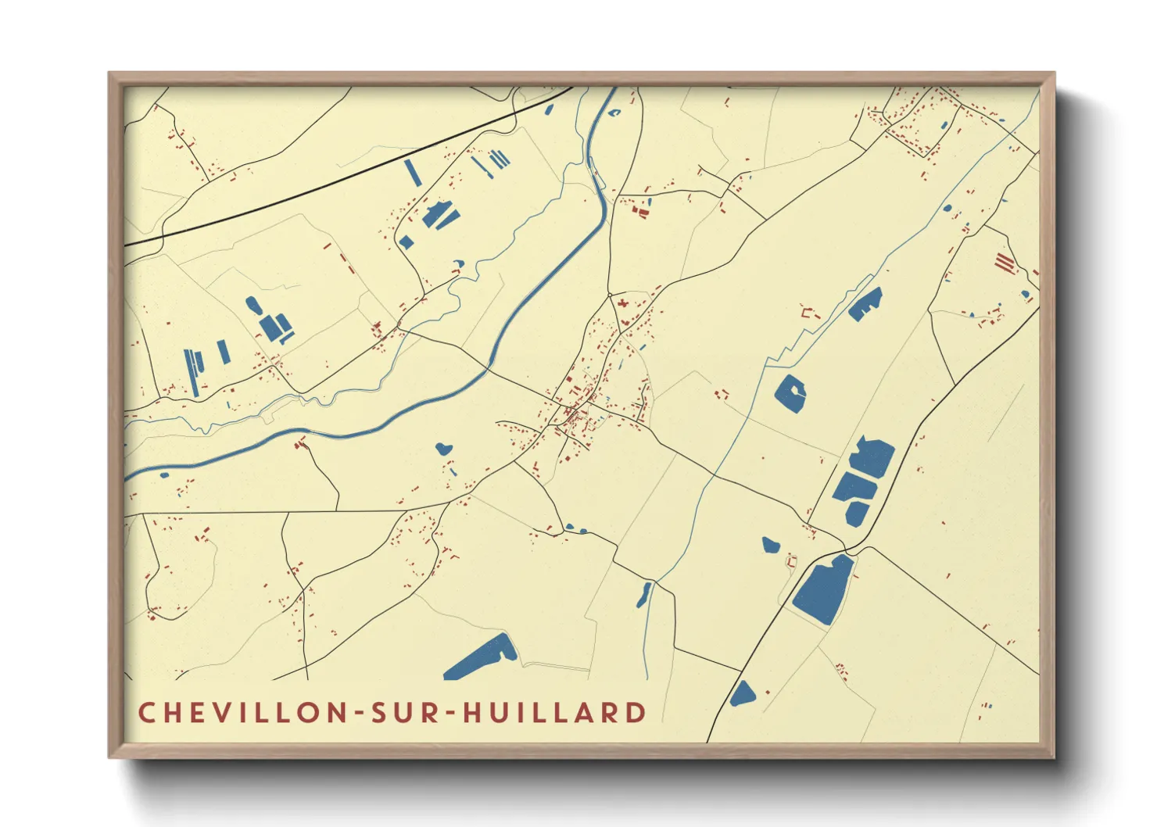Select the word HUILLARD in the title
(554, 713)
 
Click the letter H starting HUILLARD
(471, 713)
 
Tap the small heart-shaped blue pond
(443, 449)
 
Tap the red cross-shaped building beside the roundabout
(623, 303)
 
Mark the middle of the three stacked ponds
(855, 488)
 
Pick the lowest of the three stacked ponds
(856, 513)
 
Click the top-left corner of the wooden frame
(110, 74)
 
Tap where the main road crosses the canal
(489, 366)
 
